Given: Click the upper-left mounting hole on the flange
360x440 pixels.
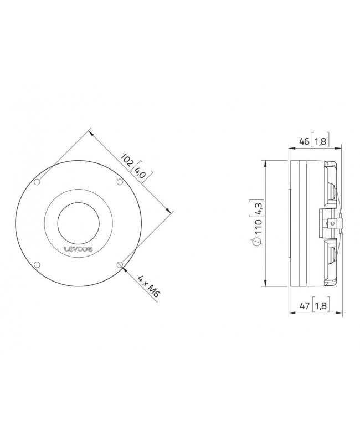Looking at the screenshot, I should [37, 182].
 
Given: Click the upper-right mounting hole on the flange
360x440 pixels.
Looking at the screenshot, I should [120, 182].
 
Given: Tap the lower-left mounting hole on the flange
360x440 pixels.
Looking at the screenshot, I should [37, 264].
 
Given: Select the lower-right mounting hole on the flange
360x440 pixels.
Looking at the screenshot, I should [120, 264].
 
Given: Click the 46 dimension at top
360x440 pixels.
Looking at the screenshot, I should [304, 141].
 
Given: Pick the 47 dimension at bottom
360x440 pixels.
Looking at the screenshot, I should [304, 306].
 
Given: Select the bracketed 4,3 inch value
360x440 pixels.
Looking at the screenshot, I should [256, 209].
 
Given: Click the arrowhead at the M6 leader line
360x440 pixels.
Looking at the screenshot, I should [123, 267].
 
